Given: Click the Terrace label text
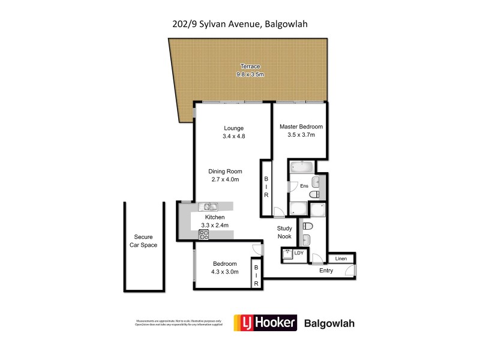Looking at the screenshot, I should [x=249, y=66].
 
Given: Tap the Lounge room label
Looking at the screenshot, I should [x=234, y=128].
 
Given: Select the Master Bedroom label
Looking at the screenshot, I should [x=301, y=127].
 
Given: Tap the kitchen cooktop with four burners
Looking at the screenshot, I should [x=203, y=235].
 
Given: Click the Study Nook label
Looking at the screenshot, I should [x=284, y=232].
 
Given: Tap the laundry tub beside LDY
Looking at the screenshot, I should [x=287, y=254].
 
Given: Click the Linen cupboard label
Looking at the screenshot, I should [x=341, y=258].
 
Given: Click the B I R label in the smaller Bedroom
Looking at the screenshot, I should [x=256, y=275].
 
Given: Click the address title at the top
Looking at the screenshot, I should [x=240, y=24].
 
